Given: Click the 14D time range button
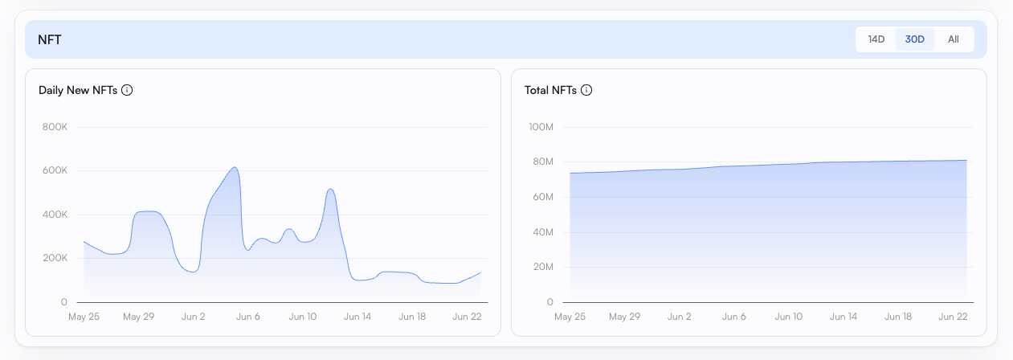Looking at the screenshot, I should (x=876, y=39).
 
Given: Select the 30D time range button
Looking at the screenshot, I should (x=915, y=39).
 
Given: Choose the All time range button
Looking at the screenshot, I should (x=953, y=39).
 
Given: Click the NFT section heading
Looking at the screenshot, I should (x=50, y=39).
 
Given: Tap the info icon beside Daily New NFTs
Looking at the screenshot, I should (x=127, y=90).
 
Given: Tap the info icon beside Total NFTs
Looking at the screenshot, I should (x=586, y=90).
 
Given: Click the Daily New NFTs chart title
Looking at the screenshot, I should (x=78, y=90).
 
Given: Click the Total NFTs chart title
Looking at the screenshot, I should (x=550, y=90).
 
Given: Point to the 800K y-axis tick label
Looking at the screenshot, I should (x=54, y=127).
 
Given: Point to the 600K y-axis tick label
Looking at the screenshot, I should (x=54, y=170).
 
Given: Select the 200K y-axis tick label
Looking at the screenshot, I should (x=54, y=258).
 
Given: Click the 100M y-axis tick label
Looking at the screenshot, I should (x=540, y=127).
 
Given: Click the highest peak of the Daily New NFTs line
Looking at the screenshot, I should (x=234, y=167).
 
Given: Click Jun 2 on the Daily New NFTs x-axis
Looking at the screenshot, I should (x=194, y=317).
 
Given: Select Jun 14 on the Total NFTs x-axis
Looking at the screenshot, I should (x=843, y=317).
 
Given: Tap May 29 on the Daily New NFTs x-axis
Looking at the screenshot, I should (x=138, y=317).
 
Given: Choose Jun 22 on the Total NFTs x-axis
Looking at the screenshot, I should (x=953, y=317).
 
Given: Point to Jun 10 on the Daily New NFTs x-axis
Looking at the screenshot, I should (x=303, y=317).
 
